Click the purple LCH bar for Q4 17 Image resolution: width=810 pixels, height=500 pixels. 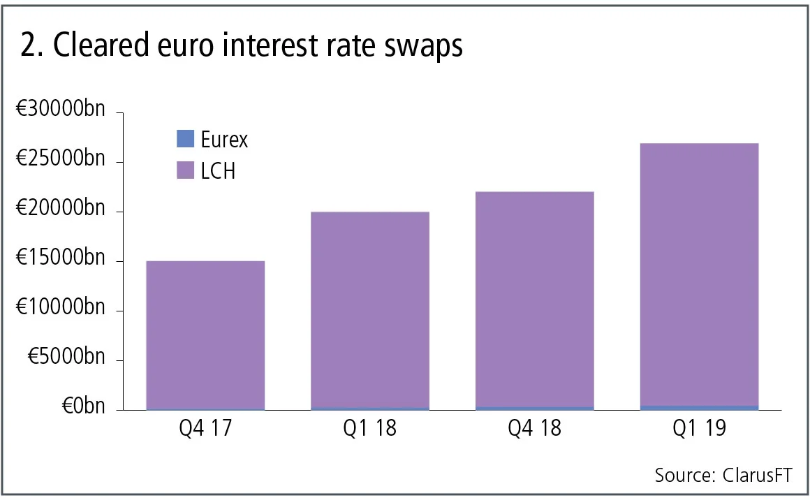click(205, 335)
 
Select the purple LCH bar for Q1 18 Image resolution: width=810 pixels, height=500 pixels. click(370, 310)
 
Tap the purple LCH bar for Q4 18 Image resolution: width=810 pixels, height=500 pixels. click(535, 300)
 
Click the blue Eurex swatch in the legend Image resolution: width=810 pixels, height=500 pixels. click(185, 139)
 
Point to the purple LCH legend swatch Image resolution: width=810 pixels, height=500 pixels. click(185, 170)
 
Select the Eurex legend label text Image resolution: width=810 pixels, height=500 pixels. click(224, 140)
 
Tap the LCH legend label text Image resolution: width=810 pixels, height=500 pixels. click(218, 170)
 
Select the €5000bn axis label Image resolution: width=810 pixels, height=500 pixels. click(66, 358)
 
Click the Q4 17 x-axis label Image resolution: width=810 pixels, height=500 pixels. click(205, 428)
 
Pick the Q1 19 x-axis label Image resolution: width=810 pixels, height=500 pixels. click(700, 428)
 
